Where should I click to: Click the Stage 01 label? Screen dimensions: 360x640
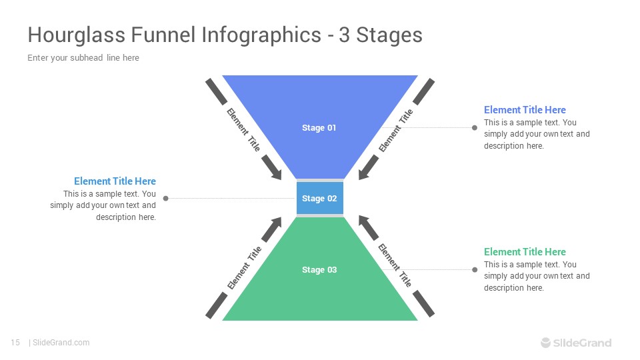pyautogui.click(x=319, y=128)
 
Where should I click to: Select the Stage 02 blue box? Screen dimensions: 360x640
pyautogui.click(x=319, y=198)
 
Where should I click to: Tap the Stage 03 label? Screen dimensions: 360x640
pyautogui.click(x=319, y=270)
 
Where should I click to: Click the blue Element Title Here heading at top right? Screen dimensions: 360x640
pyautogui.click(x=525, y=110)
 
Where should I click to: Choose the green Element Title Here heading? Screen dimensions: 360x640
pyautogui.click(x=525, y=252)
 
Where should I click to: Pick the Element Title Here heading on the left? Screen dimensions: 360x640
pyautogui.click(x=115, y=181)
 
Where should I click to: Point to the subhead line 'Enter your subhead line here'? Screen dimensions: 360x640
pyautogui.click(x=83, y=58)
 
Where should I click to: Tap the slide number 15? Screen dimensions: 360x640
pyautogui.click(x=15, y=343)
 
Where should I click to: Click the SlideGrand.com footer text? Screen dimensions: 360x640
pyautogui.click(x=61, y=343)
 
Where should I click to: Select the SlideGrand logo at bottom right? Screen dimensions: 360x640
pyautogui.click(x=575, y=343)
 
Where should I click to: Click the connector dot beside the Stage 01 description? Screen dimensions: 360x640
pyautogui.click(x=475, y=128)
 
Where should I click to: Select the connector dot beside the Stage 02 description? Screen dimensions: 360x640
pyautogui.click(x=165, y=198)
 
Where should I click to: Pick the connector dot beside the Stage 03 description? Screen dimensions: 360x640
pyautogui.click(x=475, y=270)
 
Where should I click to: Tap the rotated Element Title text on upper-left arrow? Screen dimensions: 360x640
pyautogui.click(x=243, y=129)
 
